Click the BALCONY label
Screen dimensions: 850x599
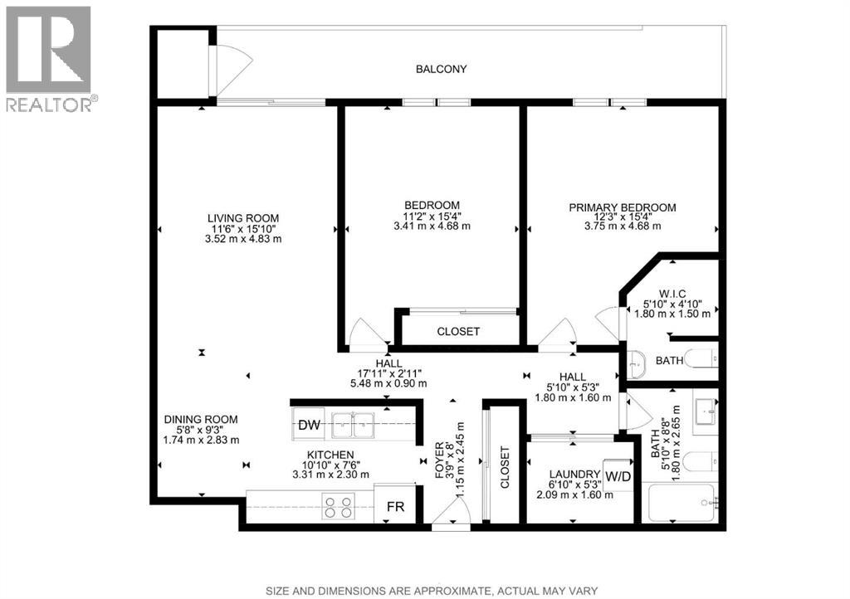pos(442,70)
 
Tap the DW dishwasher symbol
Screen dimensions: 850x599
pos(309,425)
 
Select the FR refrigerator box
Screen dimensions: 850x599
pos(395,507)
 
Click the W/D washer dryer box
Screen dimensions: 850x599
pos(618,476)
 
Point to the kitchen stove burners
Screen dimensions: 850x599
pos(339,506)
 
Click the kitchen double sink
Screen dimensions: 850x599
pos(352,424)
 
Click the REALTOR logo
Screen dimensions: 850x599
pos(49,59)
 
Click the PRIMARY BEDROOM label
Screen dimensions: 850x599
pos(623,207)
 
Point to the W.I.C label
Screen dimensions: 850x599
pos(672,294)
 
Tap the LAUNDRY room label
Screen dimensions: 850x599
pos(574,475)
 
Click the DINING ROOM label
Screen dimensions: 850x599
pos(201,419)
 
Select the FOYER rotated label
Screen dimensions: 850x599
pos(440,460)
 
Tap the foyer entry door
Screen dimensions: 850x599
pos(451,511)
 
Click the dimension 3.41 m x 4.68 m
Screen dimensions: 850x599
pos(432,226)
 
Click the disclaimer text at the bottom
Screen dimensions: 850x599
pos(432,591)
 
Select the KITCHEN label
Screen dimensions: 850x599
pos(330,455)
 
